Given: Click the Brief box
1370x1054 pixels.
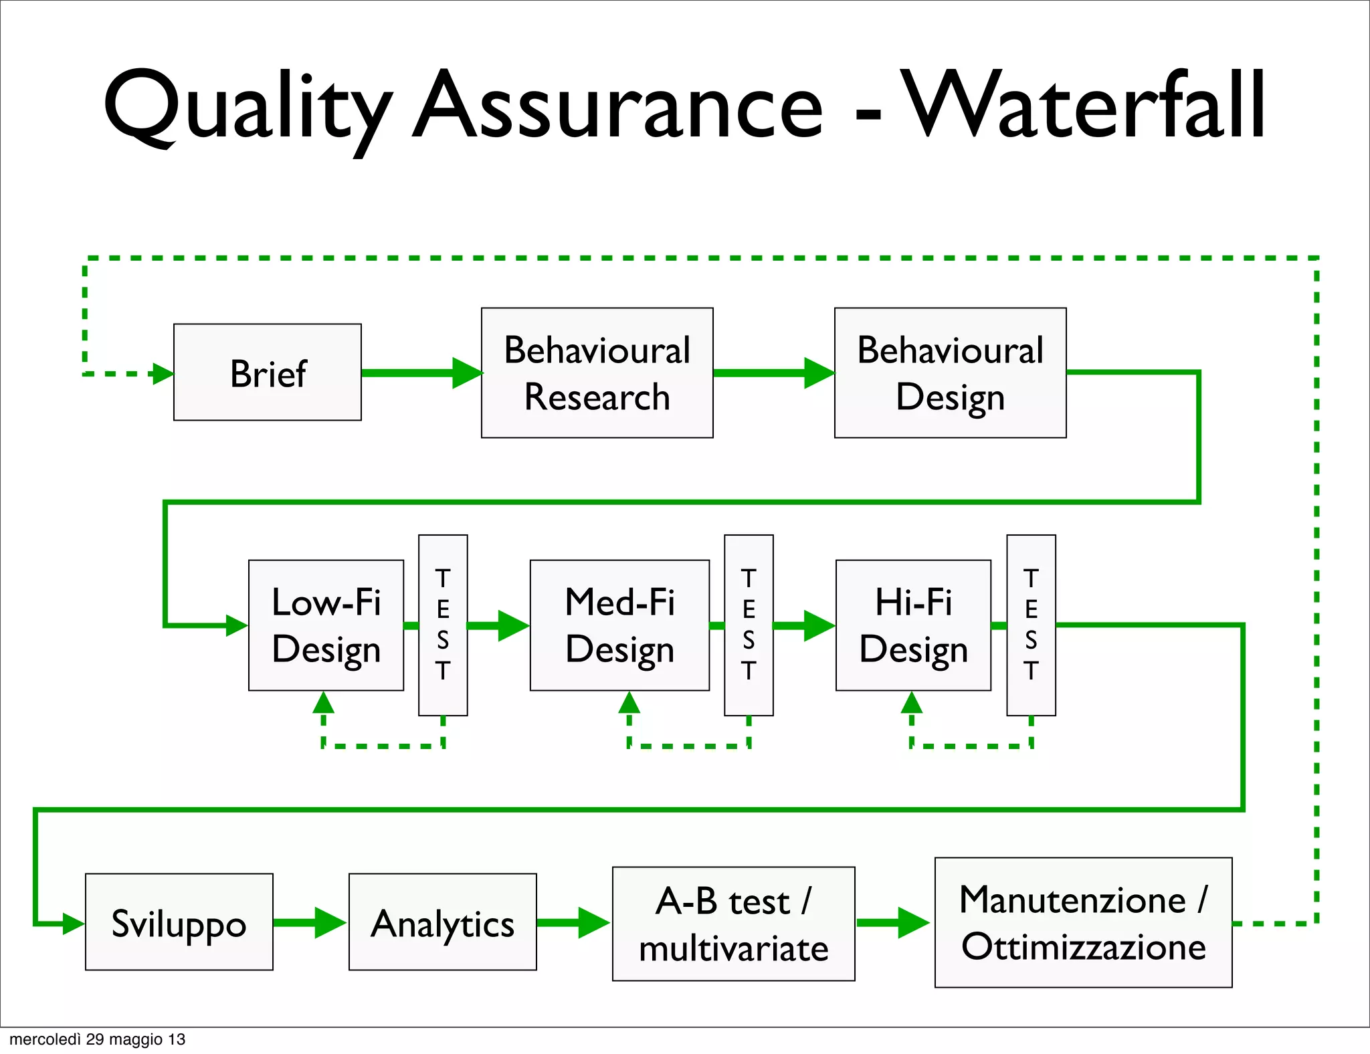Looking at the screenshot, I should [x=268, y=373].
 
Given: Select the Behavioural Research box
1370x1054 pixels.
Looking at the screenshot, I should [x=597, y=373].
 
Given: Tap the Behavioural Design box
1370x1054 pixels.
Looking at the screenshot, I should [x=950, y=373].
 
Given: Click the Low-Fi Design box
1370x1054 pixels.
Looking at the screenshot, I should [x=326, y=625].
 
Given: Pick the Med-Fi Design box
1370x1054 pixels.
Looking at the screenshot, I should [x=619, y=625].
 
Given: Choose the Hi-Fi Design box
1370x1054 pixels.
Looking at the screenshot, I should [x=913, y=625].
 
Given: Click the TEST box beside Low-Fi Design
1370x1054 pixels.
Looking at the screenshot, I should [x=443, y=625].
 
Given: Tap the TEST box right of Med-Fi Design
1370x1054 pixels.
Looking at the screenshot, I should [x=749, y=625].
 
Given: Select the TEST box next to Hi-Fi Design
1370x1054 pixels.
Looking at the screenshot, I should [x=1031, y=625].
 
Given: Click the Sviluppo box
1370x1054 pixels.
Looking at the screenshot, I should [x=179, y=922].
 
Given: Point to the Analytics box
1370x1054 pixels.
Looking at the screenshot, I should [x=442, y=922].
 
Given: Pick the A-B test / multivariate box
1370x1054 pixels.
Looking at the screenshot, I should [x=733, y=924].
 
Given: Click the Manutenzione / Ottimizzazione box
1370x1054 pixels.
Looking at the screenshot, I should [x=1083, y=922].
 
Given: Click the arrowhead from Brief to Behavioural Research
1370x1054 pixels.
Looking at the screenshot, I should [x=467, y=373].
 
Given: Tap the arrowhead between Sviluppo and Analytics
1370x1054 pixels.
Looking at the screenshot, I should [x=329, y=923].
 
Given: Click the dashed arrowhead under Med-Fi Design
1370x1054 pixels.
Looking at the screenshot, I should [x=629, y=703].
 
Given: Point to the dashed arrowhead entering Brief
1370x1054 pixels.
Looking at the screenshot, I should [x=163, y=374].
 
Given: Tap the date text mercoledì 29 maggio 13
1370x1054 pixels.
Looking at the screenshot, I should [x=97, y=1039].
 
